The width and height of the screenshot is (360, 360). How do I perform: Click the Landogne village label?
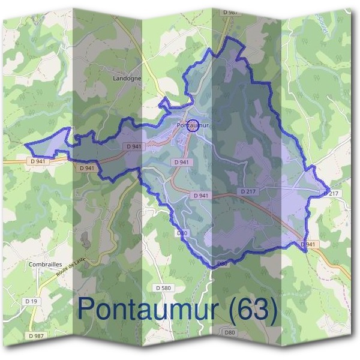point(127,78)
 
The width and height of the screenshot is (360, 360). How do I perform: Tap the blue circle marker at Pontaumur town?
point(191,125)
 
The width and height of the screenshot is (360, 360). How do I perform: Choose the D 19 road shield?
point(32,300)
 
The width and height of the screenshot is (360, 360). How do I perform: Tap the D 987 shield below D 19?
point(37,336)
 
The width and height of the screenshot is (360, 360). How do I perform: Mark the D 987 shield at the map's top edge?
point(229,12)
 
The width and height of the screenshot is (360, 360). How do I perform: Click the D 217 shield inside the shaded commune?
point(248,191)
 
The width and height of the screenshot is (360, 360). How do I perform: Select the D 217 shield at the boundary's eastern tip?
point(332,193)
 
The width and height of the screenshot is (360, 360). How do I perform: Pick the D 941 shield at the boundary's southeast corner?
point(307,244)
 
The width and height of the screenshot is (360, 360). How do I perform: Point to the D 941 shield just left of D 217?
point(202,196)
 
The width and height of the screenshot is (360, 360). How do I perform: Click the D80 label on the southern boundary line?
point(223,263)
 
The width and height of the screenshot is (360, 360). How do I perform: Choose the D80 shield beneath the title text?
point(229,332)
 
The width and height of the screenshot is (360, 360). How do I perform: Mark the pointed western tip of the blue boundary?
point(26,143)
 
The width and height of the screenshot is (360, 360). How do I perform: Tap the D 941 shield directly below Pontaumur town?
point(181,162)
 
